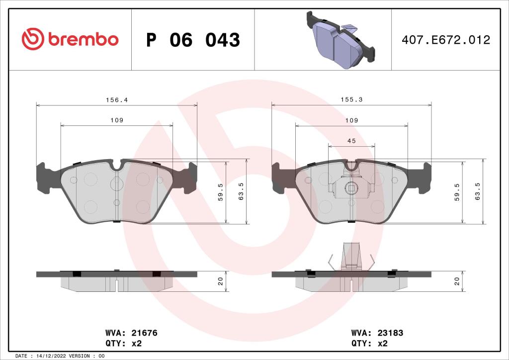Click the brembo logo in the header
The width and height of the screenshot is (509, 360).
coord(70,39)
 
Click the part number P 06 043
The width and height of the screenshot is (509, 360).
coord(193,40)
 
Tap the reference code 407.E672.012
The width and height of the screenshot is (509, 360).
coord(446,40)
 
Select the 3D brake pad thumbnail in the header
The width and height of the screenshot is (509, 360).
coord(339,40)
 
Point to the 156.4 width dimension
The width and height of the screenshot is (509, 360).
coord(117,100)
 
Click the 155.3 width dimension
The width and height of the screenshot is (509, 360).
coord(351,100)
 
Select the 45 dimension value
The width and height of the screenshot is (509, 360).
coord(351,141)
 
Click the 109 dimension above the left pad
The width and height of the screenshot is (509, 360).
coord(117,121)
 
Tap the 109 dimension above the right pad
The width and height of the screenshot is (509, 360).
coord(351,121)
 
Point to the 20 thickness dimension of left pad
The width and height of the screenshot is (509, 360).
coord(220,281)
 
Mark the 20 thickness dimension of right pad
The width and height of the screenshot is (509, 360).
coord(456,281)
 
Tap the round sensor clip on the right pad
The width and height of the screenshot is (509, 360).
coord(351,188)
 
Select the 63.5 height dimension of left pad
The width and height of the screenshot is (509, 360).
coord(241,191)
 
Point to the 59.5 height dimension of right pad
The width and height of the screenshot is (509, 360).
coord(456,191)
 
